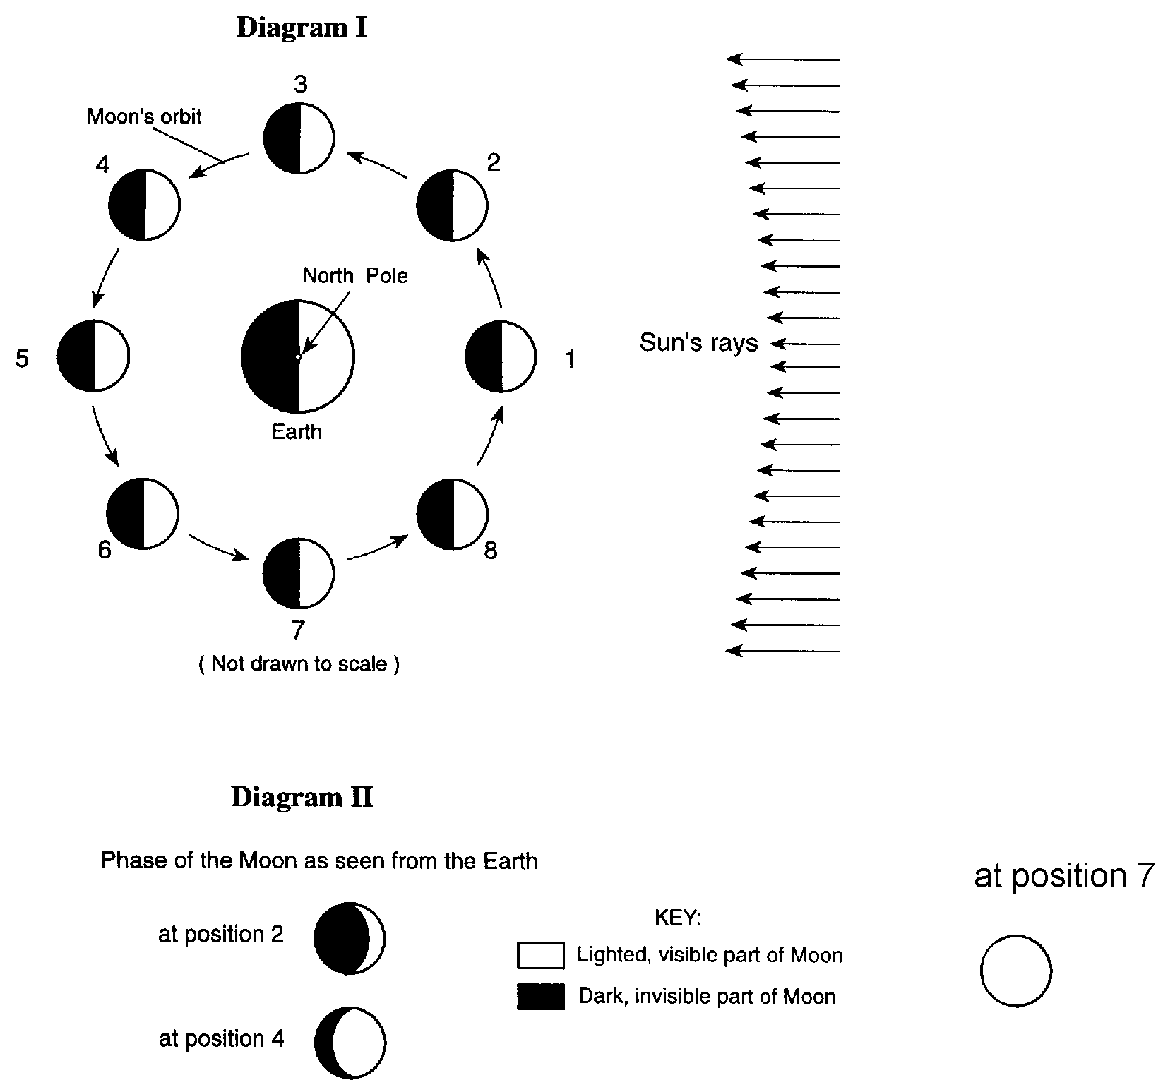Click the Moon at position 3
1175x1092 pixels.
click(299, 138)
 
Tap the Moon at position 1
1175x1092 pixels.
click(501, 356)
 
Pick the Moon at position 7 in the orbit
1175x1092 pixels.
click(298, 574)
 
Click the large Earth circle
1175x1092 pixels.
click(298, 356)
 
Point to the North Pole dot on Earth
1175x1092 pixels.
click(299, 357)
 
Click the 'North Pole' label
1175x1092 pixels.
click(354, 275)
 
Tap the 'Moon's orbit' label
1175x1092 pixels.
click(144, 116)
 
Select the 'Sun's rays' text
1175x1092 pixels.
click(698, 343)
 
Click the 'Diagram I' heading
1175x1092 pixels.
click(302, 28)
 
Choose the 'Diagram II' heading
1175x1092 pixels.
click(302, 797)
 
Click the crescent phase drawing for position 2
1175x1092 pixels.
click(350, 938)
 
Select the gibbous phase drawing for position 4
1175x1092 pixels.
click(351, 1043)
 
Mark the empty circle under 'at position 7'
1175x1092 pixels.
click(1015, 971)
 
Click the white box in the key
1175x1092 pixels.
click(540, 955)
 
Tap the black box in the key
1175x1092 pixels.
click(540, 996)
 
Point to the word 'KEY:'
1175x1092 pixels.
click(678, 918)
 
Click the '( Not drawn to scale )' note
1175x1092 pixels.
click(299, 664)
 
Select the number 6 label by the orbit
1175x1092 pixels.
click(105, 550)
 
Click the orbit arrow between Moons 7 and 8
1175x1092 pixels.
click(378, 548)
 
